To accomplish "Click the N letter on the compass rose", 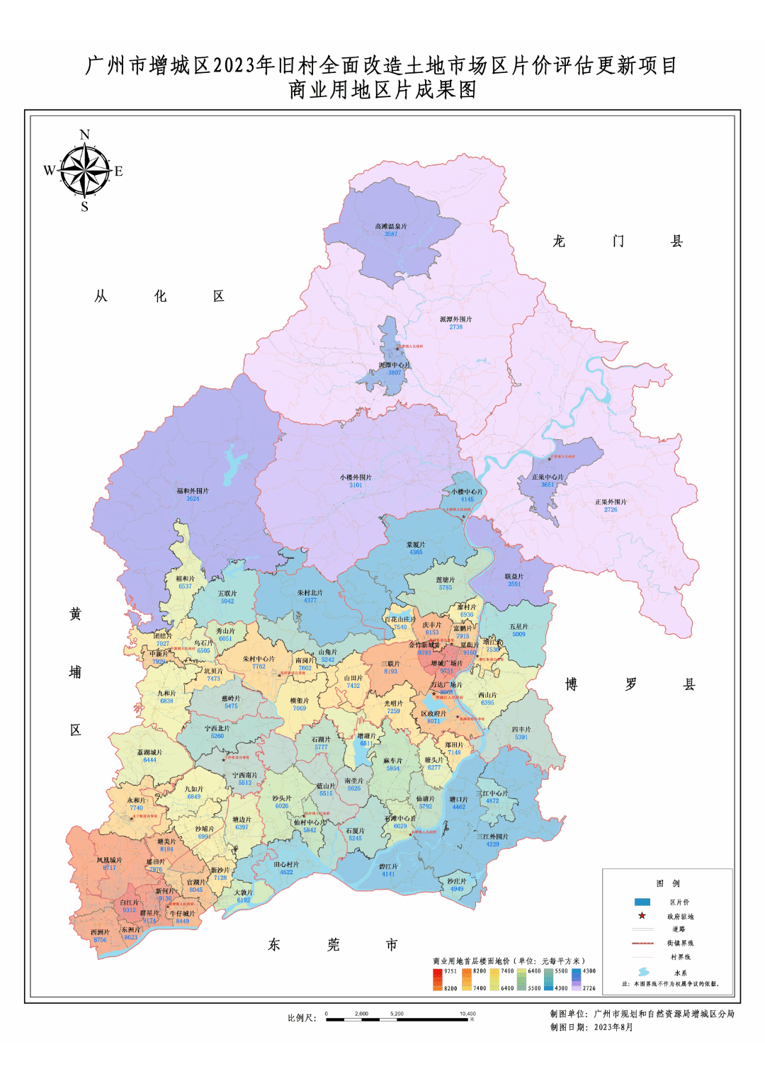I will click(x=85, y=135).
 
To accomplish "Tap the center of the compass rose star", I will click(x=85, y=171).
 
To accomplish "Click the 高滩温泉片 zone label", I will click(x=391, y=227).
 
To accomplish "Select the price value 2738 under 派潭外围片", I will click(x=455, y=327).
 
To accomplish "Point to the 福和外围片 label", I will click(x=193, y=491).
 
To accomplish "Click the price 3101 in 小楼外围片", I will click(x=356, y=485).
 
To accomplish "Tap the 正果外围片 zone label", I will click(x=611, y=502).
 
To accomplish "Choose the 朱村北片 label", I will click(x=310, y=593).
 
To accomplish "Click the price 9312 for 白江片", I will click(x=129, y=910).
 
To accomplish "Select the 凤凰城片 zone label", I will click(x=109, y=860).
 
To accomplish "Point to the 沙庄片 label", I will click(x=457, y=881).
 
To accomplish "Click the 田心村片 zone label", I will click(x=286, y=864).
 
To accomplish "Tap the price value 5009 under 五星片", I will click(x=518, y=634).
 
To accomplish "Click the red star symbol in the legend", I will click(x=642, y=915).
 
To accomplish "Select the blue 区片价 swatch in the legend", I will click(x=642, y=902).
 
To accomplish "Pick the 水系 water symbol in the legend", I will click(x=643, y=972).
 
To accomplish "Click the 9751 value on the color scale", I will click(x=450, y=971).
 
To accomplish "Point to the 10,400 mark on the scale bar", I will click(x=467, y=1014).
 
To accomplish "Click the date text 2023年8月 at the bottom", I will click(x=613, y=1027).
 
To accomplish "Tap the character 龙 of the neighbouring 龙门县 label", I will click(x=559, y=242).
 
